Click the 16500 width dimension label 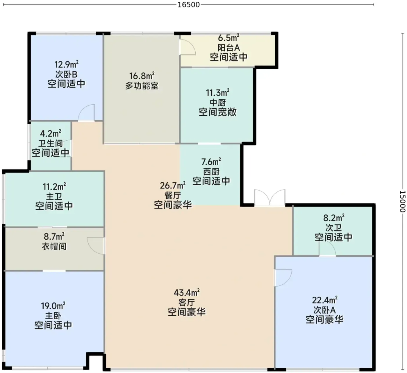pyautogui.click(x=189, y=5)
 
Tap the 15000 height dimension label pyautogui.click(x=402, y=201)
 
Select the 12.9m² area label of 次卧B pyautogui.click(x=66, y=64)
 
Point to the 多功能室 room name pyautogui.click(x=142, y=86)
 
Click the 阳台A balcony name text pyautogui.click(x=229, y=48)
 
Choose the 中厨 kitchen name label pyautogui.click(x=218, y=103)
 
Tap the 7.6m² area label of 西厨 pyautogui.click(x=211, y=162)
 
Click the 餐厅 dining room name pyautogui.click(x=173, y=196)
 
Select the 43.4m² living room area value pyautogui.click(x=187, y=293)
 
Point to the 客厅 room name pyautogui.click(x=187, y=303)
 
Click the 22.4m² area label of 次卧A pyautogui.click(x=325, y=300)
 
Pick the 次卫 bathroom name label pyautogui.click(x=333, y=228)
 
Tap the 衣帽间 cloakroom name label pyautogui.click(x=54, y=246)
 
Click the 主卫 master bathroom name pyautogui.click(x=54, y=196)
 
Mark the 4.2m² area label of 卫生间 pyautogui.click(x=51, y=133)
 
